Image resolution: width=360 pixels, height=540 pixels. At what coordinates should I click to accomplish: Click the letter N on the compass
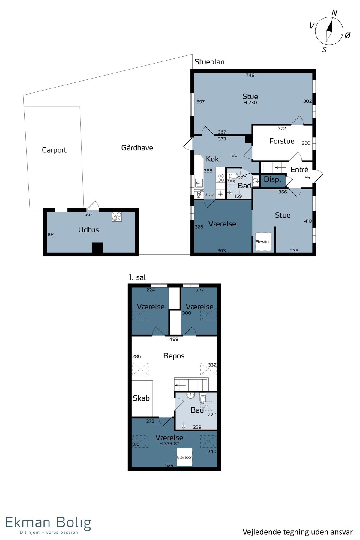334,13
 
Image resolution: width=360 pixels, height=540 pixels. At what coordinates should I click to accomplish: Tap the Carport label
54,150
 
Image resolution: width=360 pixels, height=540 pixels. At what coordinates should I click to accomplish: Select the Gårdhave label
137,148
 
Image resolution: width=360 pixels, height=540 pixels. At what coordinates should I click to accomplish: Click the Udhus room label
88,230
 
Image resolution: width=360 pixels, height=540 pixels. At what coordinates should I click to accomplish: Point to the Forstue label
282,141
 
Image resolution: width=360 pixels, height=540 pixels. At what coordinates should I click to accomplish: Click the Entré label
299,169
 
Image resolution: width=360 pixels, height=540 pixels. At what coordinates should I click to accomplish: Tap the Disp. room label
272,179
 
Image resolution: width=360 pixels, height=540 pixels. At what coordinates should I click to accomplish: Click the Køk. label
213,159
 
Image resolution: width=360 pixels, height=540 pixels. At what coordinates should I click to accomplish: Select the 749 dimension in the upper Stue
250,75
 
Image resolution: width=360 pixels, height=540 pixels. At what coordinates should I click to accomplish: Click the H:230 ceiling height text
250,103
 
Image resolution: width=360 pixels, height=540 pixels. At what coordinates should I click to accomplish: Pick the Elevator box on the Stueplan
263,242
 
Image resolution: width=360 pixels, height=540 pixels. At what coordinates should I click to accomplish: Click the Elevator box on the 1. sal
184,457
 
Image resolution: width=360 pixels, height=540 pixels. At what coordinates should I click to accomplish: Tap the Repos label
174,356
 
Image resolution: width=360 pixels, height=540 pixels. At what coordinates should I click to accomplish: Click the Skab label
141,398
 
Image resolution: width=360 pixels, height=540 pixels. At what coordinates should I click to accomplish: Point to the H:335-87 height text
169,444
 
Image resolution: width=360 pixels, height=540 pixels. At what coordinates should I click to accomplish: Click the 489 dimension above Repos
174,339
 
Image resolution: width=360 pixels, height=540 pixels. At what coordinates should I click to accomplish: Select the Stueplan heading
209,62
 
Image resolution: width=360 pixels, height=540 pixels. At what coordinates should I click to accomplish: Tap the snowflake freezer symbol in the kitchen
220,194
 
